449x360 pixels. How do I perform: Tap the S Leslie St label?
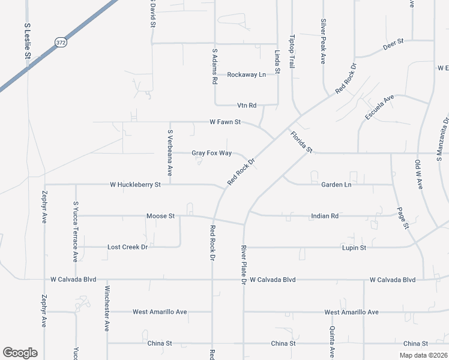(x=27, y=41)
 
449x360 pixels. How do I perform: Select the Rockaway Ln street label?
(x=246, y=75)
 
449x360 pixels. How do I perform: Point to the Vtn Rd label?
(x=247, y=106)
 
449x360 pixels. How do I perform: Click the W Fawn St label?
(x=225, y=122)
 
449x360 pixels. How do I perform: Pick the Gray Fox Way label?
(x=211, y=153)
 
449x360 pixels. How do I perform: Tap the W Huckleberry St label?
(x=135, y=185)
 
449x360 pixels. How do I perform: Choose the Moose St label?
(x=160, y=215)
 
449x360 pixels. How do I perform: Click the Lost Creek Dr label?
(x=127, y=247)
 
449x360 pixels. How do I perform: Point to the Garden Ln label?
(x=336, y=185)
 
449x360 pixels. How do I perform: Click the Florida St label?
(x=302, y=142)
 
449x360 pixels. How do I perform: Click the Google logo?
(x=20, y=353)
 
